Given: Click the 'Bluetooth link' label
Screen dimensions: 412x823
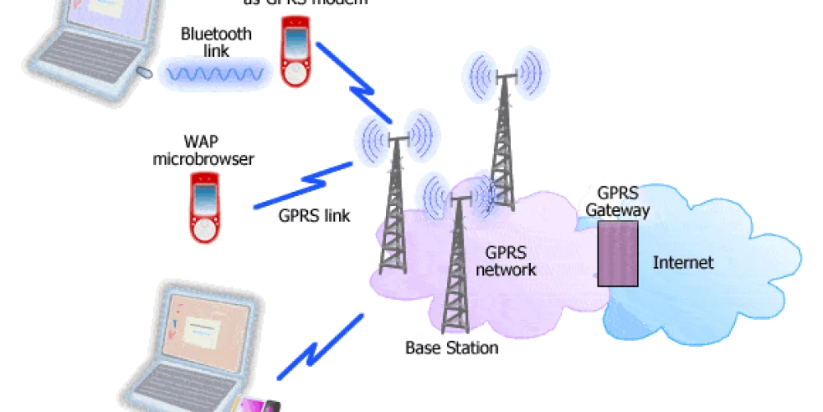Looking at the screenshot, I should (x=216, y=42).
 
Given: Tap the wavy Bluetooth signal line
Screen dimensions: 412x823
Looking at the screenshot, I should (x=216, y=73).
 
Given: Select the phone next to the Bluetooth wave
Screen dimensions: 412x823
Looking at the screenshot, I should (x=294, y=51).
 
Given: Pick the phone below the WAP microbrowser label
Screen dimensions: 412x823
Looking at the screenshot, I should (x=203, y=208).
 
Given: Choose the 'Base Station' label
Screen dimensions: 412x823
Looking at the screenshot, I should (x=452, y=348).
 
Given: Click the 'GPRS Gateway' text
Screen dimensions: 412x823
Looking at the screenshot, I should (x=616, y=202).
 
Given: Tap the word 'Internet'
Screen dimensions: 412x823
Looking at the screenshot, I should (x=682, y=263).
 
